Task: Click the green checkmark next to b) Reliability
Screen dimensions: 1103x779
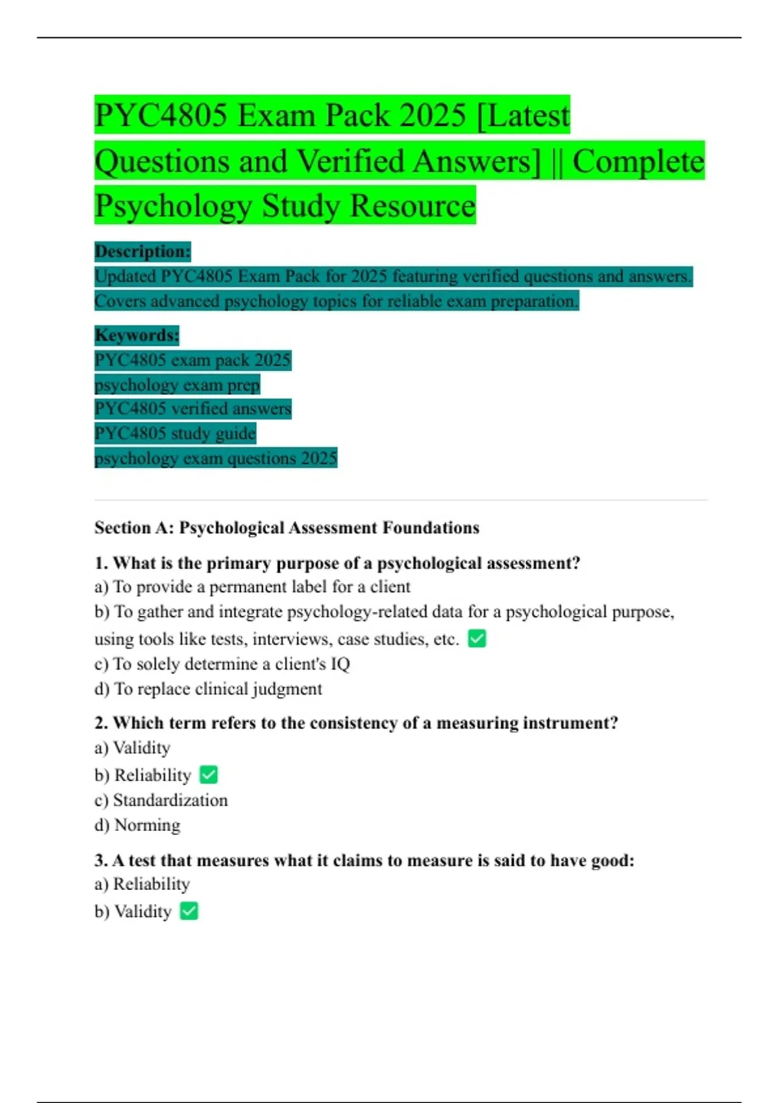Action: pyautogui.click(x=208, y=775)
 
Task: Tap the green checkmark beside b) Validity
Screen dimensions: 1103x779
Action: pyautogui.click(x=189, y=911)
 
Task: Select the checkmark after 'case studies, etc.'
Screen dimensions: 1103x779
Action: pyautogui.click(x=477, y=638)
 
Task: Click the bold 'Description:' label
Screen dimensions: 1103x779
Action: pyautogui.click(x=143, y=251)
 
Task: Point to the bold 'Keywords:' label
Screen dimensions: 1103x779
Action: pyautogui.click(x=137, y=335)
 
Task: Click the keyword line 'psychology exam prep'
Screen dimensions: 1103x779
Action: pyautogui.click(x=177, y=385)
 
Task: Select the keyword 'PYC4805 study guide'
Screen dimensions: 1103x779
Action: pyautogui.click(x=175, y=433)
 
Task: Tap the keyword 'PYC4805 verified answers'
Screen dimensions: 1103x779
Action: pyautogui.click(x=193, y=409)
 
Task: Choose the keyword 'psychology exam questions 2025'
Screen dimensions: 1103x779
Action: pyautogui.click(x=216, y=458)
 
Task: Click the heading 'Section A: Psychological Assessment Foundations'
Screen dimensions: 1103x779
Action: pyautogui.click(x=287, y=527)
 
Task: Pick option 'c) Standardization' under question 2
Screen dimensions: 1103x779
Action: pyautogui.click(x=161, y=800)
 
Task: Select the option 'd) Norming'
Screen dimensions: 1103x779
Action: pyautogui.click(x=138, y=825)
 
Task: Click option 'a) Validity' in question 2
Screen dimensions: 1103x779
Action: pyautogui.click(x=132, y=748)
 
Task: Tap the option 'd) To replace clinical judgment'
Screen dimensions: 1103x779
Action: pyautogui.click(x=208, y=688)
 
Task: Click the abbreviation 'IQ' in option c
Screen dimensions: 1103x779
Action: pyautogui.click(x=340, y=664)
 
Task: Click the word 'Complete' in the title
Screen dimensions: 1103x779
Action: pyautogui.click(x=638, y=161)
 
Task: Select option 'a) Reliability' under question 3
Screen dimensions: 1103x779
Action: pyautogui.click(x=142, y=884)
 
